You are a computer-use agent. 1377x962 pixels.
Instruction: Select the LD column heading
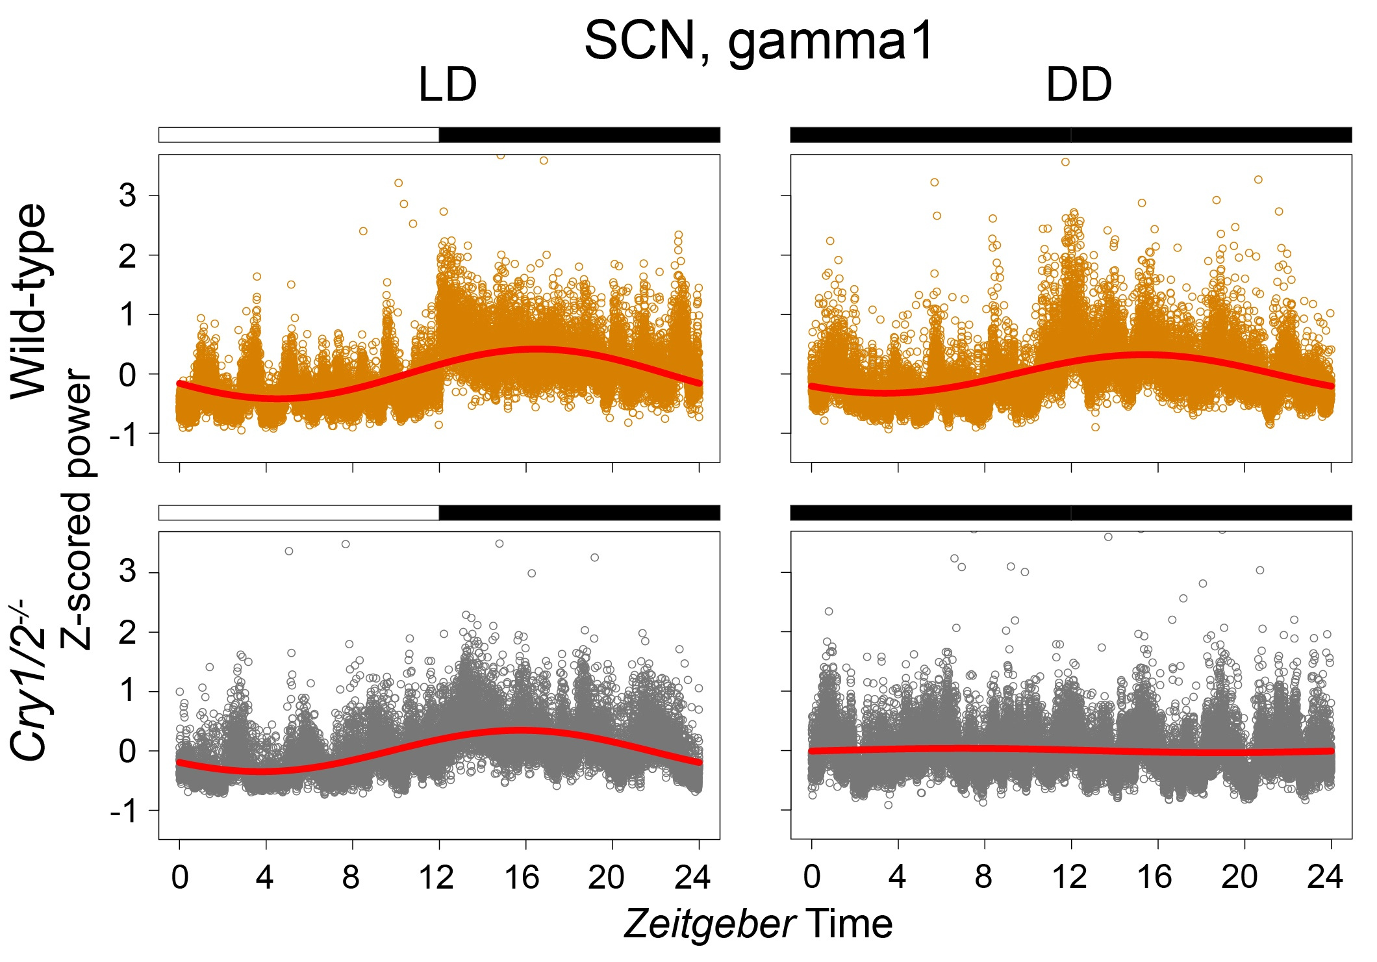pyautogui.click(x=448, y=85)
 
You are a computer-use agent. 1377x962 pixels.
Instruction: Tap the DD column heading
pyautogui.click(x=1078, y=85)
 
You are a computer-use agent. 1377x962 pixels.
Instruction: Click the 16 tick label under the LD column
pyautogui.click(x=522, y=878)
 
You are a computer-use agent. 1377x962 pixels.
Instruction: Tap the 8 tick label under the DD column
pyautogui.click(x=983, y=878)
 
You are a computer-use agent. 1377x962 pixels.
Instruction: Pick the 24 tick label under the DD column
pyautogui.click(x=1325, y=878)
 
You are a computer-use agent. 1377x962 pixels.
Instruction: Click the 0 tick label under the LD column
pyautogui.click(x=180, y=878)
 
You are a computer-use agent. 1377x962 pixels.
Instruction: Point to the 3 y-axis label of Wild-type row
pyautogui.click(x=128, y=195)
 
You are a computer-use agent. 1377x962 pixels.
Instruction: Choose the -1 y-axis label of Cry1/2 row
pyautogui.click(x=123, y=811)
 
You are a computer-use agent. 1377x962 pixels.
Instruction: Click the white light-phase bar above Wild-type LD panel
pyautogui.click(x=299, y=134)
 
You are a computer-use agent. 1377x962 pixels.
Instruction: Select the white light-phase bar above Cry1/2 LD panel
pyautogui.click(x=299, y=512)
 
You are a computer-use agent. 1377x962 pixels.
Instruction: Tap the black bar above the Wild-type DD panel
pyautogui.click(x=1070, y=134)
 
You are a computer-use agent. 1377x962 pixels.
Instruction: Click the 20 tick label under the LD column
pyautogui.click(x=606, y=878)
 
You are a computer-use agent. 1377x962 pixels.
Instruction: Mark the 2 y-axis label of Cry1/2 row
pyautogui.click(x=128, y=632)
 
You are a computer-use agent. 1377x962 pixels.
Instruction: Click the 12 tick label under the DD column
pyautogui.click(x=1069, y=878)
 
